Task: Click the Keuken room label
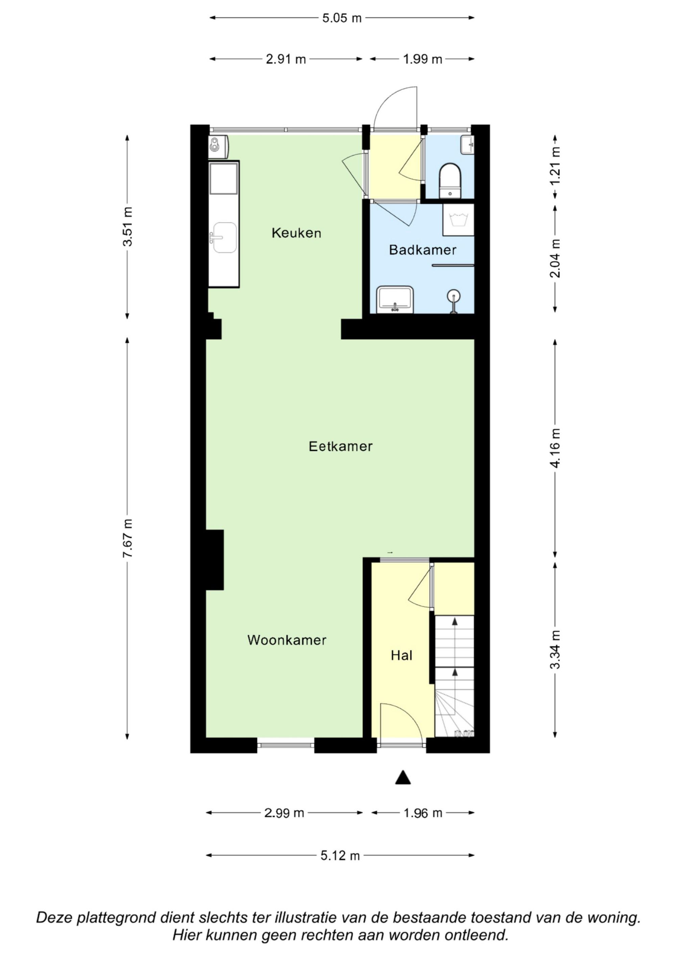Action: [296, 233]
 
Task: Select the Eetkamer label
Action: [340, 446]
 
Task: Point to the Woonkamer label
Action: [287, 640]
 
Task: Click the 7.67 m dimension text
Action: [127, 538]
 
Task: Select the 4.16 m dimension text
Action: [556, 448]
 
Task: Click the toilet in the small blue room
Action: [450, 181]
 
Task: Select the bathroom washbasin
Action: [395, 299]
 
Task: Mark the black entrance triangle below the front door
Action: [403, 777]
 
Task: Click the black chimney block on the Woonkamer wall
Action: [215, 560]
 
